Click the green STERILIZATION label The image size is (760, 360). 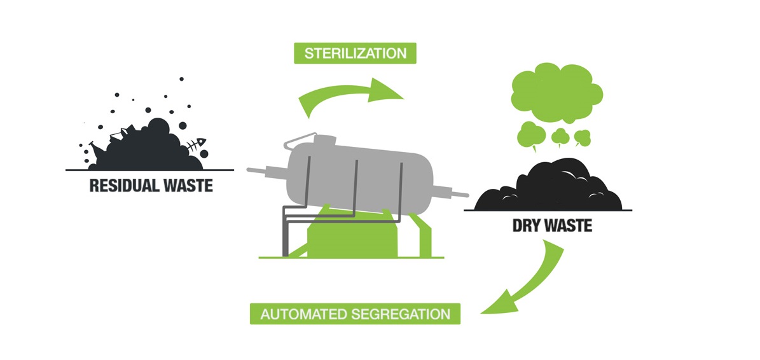[x=355, y=53]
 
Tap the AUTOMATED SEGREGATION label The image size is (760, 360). [x=354, y=314]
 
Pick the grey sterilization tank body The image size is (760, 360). [x=356, y=172]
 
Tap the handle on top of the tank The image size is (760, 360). [x=300, y=139]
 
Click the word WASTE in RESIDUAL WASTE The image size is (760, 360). [x=184, y=186]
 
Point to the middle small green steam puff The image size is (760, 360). [x=559, y=135]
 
